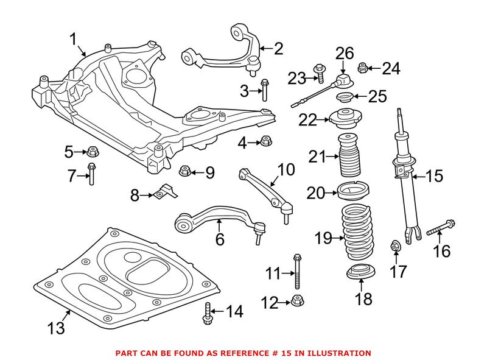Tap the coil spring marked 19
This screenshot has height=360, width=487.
pos(360,235)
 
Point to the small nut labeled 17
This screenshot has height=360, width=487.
pos(394,246)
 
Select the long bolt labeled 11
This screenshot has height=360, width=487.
pos(296,272)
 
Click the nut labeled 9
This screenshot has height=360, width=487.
pos(184,172)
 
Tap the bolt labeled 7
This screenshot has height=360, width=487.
pos(91,175)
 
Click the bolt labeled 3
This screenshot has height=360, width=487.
pos(264,90)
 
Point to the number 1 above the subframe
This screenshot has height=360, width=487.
pos(74,40)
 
